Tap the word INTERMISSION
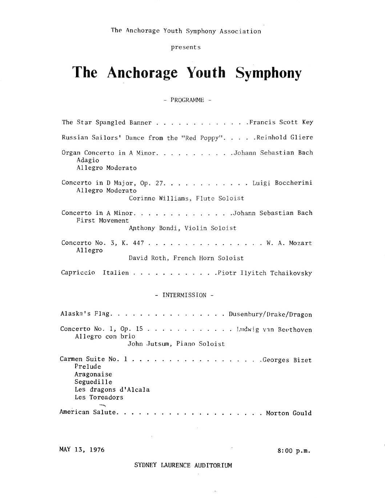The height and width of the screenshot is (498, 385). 184,295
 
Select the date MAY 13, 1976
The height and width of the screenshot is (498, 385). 82,450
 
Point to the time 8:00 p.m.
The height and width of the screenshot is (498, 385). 294,451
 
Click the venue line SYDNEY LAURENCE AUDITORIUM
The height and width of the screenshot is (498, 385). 183,465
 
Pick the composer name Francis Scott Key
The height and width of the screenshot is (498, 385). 281,122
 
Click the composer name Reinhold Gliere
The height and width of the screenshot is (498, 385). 284,138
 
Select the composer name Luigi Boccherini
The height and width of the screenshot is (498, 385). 282,183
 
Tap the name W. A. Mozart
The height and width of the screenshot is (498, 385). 289,243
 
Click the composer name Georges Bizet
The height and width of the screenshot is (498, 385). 287,360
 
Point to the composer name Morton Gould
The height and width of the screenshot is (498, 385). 289,413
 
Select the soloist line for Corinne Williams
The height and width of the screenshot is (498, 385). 186,198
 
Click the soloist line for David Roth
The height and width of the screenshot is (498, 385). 186,258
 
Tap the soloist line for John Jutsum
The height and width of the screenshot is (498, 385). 176,343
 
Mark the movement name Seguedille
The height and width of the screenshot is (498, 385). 93,382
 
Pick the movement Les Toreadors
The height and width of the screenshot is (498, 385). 99,397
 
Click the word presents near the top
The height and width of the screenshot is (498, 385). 185,47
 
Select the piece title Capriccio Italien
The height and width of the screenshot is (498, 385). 95,273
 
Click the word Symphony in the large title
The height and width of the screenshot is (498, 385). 268,73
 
